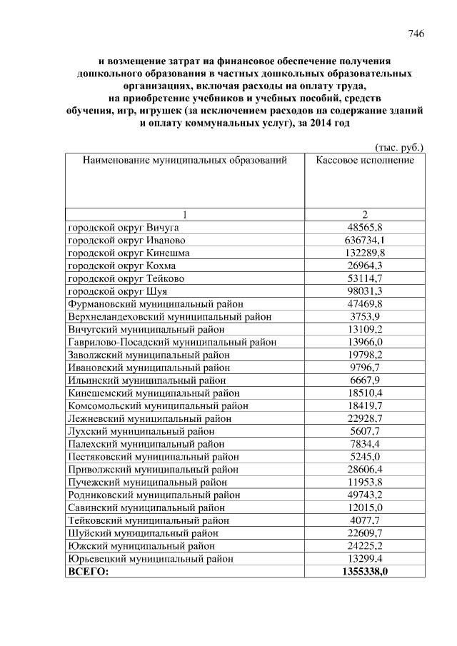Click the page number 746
[416, 34]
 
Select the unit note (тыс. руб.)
[398, 147]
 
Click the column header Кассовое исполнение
[365, 160]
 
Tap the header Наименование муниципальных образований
[185, 160]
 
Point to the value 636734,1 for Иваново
[365, 240]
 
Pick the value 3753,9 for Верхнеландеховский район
[365, 316]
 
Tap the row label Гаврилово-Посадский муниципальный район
[171, 342]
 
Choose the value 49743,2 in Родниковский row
[365, 495]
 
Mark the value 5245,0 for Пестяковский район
[365, 457]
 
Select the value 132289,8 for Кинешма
[365, 253]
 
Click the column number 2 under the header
[365, 214]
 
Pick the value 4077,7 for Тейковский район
[365, 520]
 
